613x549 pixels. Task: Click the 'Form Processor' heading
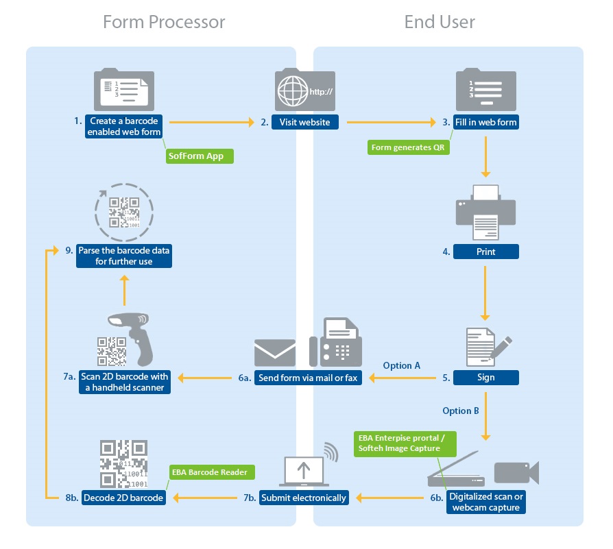[164, 22]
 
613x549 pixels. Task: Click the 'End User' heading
[440, 22]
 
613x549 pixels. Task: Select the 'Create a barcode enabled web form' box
[123, 127]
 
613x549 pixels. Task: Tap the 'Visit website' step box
[304, 123]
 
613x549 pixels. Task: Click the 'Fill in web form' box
[486, 123]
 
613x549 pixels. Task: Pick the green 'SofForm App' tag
[199, 156]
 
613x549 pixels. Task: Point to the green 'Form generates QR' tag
[409, 147]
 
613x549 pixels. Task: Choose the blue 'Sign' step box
[486, 377]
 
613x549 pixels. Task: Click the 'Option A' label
[402, 365]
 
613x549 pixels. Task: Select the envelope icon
[275, 353]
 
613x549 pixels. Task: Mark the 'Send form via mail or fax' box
[308, 378]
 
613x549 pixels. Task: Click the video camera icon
[516, 473]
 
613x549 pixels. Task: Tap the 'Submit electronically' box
[304, 498]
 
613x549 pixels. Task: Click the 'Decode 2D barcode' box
[123, 498]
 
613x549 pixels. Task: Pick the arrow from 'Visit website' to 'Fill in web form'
[391, 123]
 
